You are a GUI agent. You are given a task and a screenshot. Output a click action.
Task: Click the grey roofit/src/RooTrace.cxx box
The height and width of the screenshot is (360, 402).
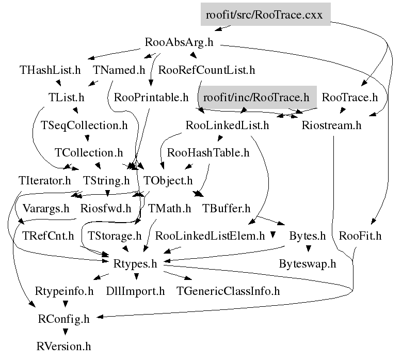coord(264,14)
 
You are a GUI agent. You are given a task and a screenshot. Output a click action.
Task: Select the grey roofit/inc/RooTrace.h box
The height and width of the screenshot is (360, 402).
coord(256,97)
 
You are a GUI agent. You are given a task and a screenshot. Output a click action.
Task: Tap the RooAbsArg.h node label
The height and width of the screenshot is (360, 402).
coord(179,42)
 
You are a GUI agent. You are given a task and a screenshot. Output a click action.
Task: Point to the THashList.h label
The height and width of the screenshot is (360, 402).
coord(51,70)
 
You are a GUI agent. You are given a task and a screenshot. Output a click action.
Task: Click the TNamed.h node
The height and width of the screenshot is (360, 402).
coord(119,70)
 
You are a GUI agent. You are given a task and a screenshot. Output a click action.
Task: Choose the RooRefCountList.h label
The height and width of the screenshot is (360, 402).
coord(207,70)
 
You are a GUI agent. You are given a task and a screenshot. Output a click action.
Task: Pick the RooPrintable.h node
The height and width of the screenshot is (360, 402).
coord(151,97)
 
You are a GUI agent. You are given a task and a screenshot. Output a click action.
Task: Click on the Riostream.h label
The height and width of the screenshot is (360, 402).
coord(331,125)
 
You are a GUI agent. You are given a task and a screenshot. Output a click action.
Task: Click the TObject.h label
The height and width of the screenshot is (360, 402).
coord(168,181)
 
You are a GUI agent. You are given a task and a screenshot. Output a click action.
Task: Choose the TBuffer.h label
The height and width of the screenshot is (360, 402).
coord(227,209)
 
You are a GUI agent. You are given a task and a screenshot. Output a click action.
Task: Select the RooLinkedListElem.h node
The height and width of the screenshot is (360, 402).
coord(210,237)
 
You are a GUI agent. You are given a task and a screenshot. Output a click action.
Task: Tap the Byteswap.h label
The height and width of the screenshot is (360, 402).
coord(308,264)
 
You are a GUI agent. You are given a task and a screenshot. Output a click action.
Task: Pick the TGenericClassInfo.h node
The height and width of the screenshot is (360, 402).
coord(228,291)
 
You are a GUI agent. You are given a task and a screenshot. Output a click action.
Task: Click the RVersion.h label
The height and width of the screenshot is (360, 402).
coord(64,347)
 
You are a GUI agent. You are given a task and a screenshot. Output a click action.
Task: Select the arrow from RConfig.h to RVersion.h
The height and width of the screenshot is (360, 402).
coord(64,333)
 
